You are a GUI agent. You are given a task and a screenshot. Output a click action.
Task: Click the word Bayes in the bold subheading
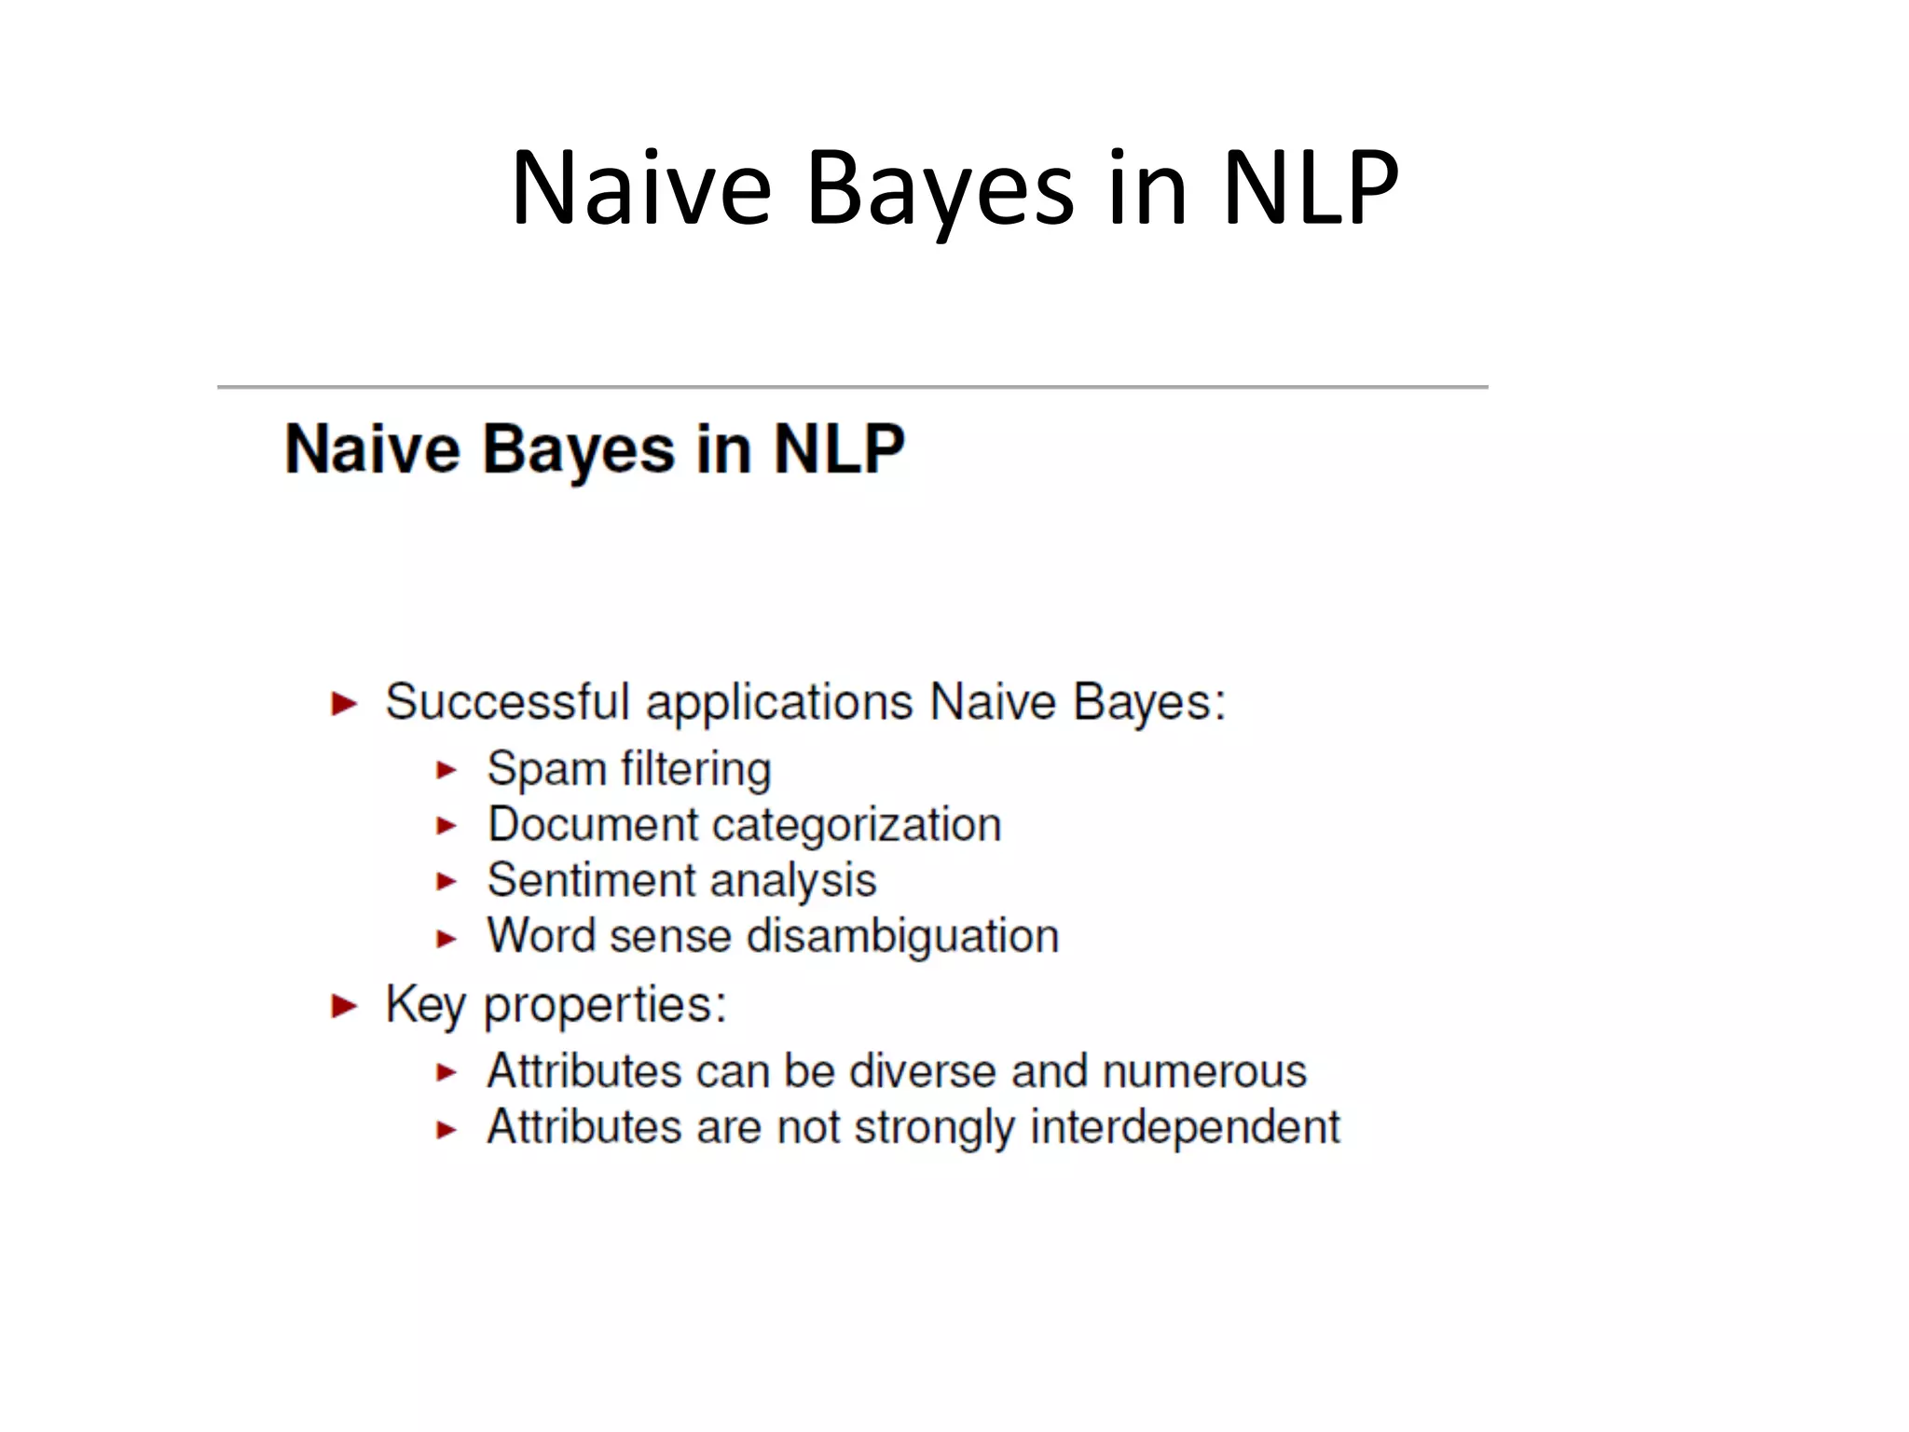coord(578,450)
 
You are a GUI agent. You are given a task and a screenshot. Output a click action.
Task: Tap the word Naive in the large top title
coord(641,188)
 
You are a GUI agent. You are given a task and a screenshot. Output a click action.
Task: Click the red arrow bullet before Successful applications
coord(344,703)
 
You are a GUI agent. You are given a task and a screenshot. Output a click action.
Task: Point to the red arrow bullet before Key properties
coord(344,1006)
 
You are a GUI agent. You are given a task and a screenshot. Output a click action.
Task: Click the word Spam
coord(546,770)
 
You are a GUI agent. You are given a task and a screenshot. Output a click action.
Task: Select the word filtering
coord(695,770)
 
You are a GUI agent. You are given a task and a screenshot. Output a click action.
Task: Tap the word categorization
coord(857,825)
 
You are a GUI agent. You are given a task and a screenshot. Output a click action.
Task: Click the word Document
coord(593,825)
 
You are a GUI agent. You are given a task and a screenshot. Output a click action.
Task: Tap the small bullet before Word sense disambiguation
coord(446,939)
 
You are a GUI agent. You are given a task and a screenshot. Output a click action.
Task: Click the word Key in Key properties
coord(425,1005)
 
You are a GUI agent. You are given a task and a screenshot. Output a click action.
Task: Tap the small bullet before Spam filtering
coord(446,770)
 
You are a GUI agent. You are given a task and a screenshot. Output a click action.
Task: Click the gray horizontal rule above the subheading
coord(852,386)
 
